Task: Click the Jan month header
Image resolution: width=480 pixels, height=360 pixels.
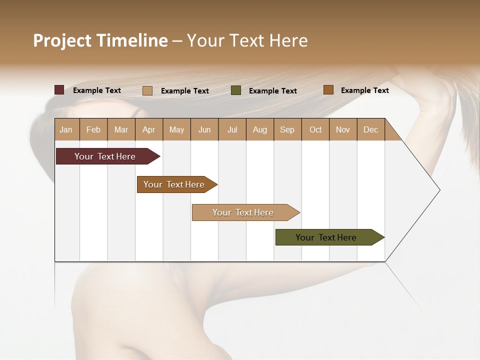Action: pyautogui.click(x=66, y=129)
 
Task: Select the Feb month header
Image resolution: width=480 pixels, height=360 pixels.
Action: pyautogui.click(x=93, y=129)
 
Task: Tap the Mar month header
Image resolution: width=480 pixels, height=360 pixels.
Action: pyautogui.click(x=121, y=129)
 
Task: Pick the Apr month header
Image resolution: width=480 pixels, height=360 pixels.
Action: pyautogui.click(x=149, y=129)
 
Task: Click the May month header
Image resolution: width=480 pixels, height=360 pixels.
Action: pyautogui.click(x=176, y=129)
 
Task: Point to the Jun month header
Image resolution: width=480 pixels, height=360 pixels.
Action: pyautogui.click(x=204, y=129)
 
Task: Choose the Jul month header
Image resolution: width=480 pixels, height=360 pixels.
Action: pyautogui.click(x=232, y=129)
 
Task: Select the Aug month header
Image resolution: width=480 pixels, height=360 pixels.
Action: pyautogui.click(x=260, y=129)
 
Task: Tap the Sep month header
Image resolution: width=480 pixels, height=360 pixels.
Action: pyautogui.click(x=287, y=129)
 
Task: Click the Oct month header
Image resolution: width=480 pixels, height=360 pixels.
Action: pyautogui.click(x=315, y=129)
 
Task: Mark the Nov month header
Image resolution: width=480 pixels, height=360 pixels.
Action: pyautogui.click(x=343, y=129)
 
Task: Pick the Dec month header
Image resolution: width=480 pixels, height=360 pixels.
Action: pyautogui.click(x=370, y=129)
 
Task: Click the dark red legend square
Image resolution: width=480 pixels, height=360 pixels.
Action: pyautogui.click(x=59, y=90)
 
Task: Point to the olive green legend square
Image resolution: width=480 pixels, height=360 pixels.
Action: pyautogui.click(x=236, y=90)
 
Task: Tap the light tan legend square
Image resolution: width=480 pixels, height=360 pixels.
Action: pyautogui.click(x=147, y=90)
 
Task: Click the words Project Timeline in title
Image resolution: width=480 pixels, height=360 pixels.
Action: pyautogui.click(x=100, y=40)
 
